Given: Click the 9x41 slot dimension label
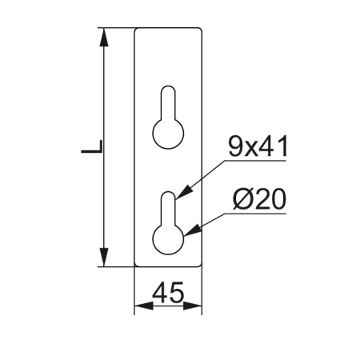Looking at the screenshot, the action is coord(258,146).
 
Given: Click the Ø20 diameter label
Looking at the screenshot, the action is coord(259,198).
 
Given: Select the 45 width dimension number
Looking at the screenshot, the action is coord(168,293).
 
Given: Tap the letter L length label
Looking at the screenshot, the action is coord(92,146).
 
